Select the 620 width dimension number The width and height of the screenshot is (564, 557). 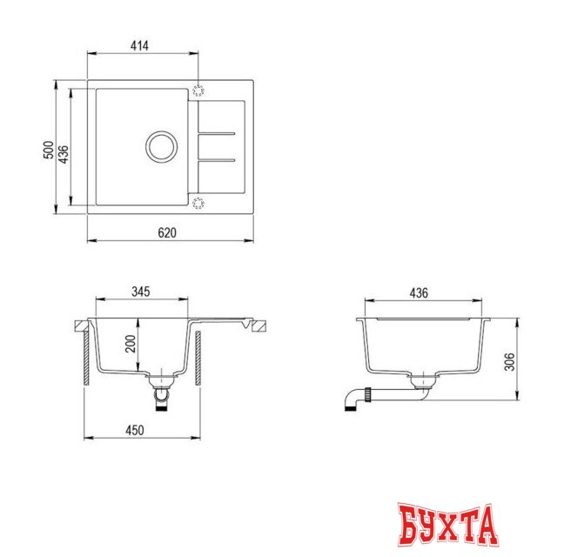tap(168, 232)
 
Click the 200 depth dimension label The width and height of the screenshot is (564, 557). tap(130, 345)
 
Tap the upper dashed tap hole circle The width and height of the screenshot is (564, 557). tap(198, 90)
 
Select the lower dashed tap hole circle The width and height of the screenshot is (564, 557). tap(198, 204)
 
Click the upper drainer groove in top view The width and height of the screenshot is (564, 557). tap(216, 133)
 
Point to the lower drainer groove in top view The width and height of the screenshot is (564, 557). tap(216, 161)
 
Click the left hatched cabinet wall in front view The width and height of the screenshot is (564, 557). tap(87, 357)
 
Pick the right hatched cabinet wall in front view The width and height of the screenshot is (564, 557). tap(199, 357)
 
